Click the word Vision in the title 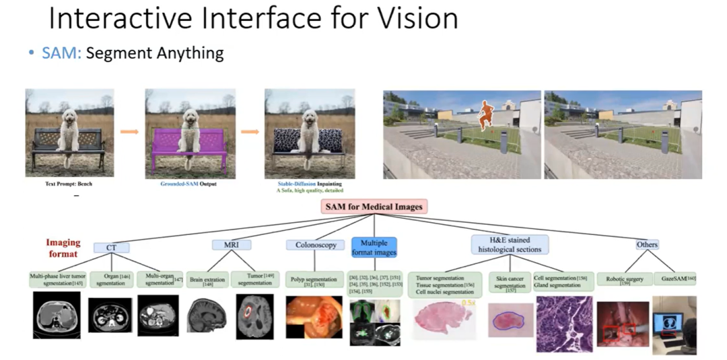point(409,19)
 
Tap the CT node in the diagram point(112,248)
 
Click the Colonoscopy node point(316,246)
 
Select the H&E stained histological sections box point(510,245)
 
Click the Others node point(647,245)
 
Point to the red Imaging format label point(63,248)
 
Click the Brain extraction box point(207,280)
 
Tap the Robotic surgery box point(623,280)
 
